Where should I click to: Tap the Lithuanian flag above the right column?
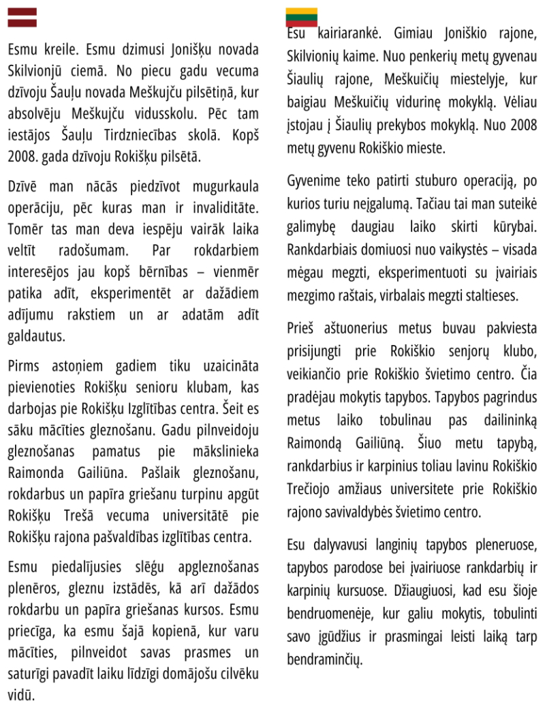pos(301,16)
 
